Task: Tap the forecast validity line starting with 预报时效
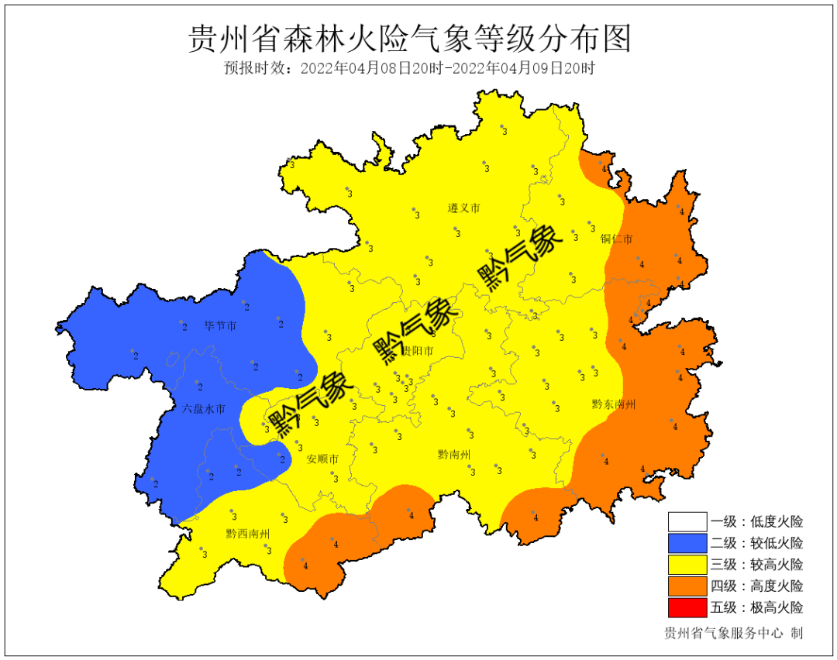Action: click(x=410, y=68)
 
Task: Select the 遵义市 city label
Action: click(x=463, y=208)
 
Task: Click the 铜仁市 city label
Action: click(x=616, y=239)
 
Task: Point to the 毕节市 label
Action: click(x=220, y=326)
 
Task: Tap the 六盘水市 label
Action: click(x=204, y=408)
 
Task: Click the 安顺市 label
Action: click(x=322, y=459)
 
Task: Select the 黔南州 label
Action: click(x=454, y=455)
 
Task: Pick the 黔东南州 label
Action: click(x=613, y=404)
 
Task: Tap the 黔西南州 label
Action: click(x=248, y=534)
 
